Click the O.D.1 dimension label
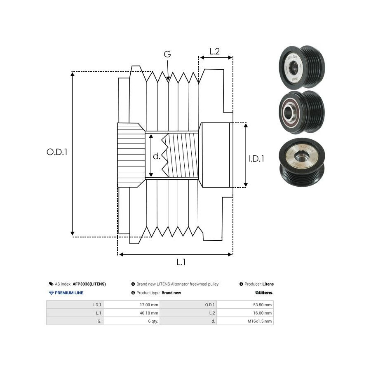[x=57, y=152]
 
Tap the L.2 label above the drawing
[x=214, y=52]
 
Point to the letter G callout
[x=167, y=54]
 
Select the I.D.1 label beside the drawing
[x=256, y=158]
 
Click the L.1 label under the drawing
[x=181, y=262]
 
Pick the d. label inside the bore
[x=157, y=156]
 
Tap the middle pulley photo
[x=301, y=112]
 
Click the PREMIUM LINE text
[x=69, y=293]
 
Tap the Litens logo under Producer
[x=264, y=293]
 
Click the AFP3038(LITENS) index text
[x=89, y=284]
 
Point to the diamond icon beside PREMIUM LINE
[x=51, y=293]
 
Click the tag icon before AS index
[x=51, y=284]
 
